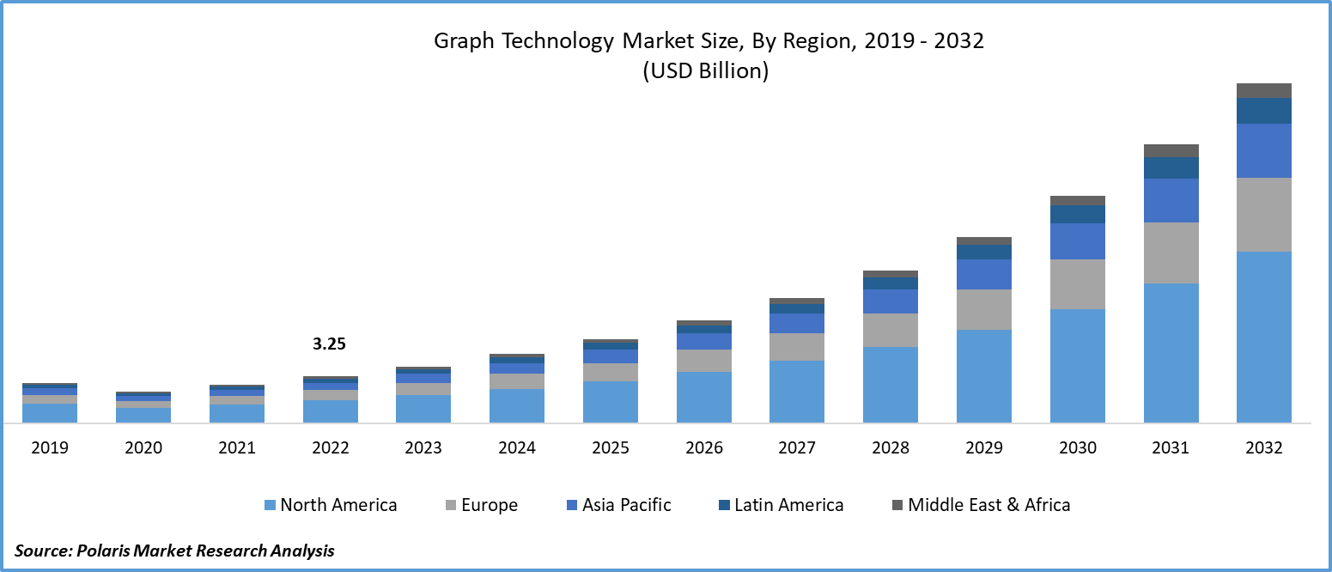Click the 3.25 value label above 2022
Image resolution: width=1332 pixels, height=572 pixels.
pyautogui.click(x=329, y=344)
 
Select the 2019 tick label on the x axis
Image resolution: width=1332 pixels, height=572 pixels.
pyautogui.click(x=50, y=447)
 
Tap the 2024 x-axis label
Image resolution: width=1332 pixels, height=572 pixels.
pyautogui.click(x=517, y=447)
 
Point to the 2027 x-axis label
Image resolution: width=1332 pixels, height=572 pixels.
pyautogui.click(x=797, y=447)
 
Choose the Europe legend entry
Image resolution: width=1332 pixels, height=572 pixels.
pyautogui.click(x=490, y=505)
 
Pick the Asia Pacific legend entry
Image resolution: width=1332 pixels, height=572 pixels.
pyautogui.click(x=627, y=505)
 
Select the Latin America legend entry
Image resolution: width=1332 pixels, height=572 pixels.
pyautogui.click(x=788, y=505)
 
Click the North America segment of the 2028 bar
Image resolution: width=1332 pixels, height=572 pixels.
pyautogui.click(x=891, y=385)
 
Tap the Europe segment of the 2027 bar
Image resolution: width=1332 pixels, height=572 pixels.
pyautogui.click(x=797, y=347)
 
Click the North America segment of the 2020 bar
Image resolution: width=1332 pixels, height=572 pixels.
pyautogui.click(x=143, y=415)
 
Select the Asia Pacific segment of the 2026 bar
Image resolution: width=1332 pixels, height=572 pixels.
pyautogui.click(x=704, y=341)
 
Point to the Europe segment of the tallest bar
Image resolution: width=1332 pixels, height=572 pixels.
pyautogui.click(x=1264, y=215)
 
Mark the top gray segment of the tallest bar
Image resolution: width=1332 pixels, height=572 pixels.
pyautogui.click(x=1264, y=90)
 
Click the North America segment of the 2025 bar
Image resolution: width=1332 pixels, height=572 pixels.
pyautogui.click(x=611, y=402)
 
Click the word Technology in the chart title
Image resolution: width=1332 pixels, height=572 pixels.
pyautogui.click(x=548, y=41)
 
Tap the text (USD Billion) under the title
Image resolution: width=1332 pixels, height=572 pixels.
pyautogui.click(x=706, y=71)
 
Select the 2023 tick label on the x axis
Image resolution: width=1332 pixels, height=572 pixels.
pyautogui.click(x=423, y=447)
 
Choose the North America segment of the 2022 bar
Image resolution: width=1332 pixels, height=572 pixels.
pyautogui.click(x=331, y=411)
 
